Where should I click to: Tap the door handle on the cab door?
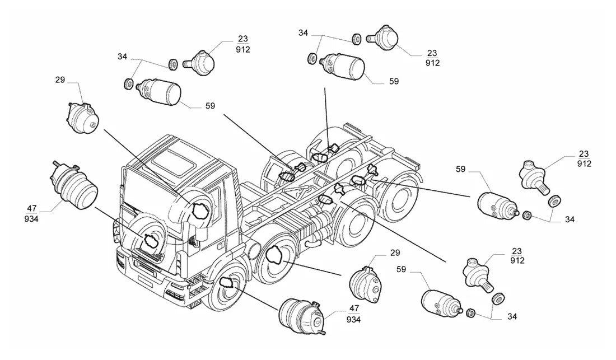[221, 247]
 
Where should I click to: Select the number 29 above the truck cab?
[60, 80]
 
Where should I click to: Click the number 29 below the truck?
[395, 253]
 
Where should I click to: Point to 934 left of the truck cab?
[31, 219]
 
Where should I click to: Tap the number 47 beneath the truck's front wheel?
[354, 308]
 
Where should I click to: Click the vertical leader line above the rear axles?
[327, 118]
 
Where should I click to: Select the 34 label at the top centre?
[303, 33]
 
